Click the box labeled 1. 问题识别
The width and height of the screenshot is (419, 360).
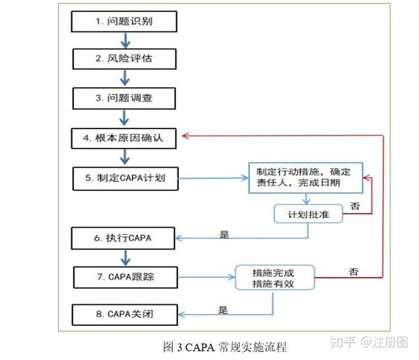point(124,22)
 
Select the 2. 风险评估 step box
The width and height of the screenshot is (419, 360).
point(124,59)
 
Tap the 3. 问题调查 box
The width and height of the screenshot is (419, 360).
point(124,99)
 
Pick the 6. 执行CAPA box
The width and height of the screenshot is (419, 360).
point(124,238)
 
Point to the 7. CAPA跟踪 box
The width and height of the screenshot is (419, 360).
point(124,278)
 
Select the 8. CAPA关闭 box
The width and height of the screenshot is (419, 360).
point(124,315)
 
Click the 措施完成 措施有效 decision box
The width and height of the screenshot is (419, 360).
point(274,279)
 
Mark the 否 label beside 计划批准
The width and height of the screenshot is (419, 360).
point(355,206)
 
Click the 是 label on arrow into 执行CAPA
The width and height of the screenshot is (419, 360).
point(224,235)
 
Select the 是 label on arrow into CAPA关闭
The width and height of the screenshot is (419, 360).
point(223,310)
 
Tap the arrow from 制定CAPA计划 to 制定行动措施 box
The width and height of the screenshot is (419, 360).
point(212,179)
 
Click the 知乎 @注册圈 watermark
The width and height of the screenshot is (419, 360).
point(371,341)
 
